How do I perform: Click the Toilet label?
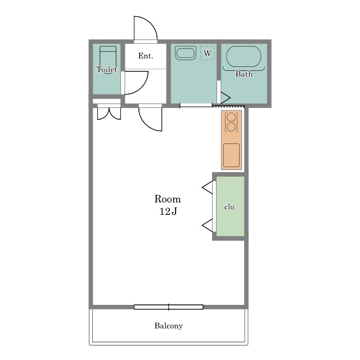(x=107, y=69)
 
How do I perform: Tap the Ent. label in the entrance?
(x=146, y=56)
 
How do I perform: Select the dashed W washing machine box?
(x=208, y=53)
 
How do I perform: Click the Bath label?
(x=244, y=74)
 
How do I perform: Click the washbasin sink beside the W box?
(x=185, y=53)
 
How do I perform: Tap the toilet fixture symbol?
(x=108, y=58)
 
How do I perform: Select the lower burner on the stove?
(x=231, y=127)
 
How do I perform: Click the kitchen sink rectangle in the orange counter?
(x=231, y=155)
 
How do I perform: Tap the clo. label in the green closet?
(x=230, y=207)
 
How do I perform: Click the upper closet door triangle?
(x=208, y=187)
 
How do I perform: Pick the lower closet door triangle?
(x=208, y=226)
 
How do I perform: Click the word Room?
(x=168, y=199)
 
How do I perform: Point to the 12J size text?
(x=168, y=211)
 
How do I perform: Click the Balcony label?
(x=169, y=326)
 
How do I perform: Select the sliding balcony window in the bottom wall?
(x=169, y=307)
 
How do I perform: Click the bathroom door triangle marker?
(x=225, y=98)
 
